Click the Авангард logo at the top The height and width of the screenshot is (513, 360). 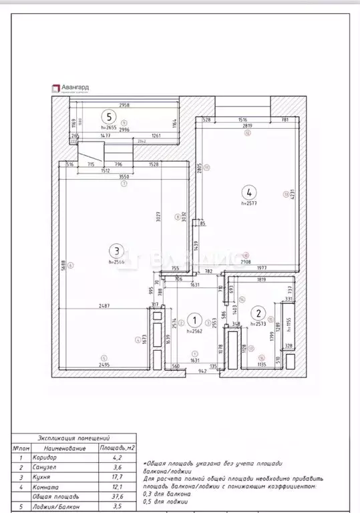[70, 87]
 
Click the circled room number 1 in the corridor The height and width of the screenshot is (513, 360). [194, 320]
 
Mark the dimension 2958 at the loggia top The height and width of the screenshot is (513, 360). [124, 106]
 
